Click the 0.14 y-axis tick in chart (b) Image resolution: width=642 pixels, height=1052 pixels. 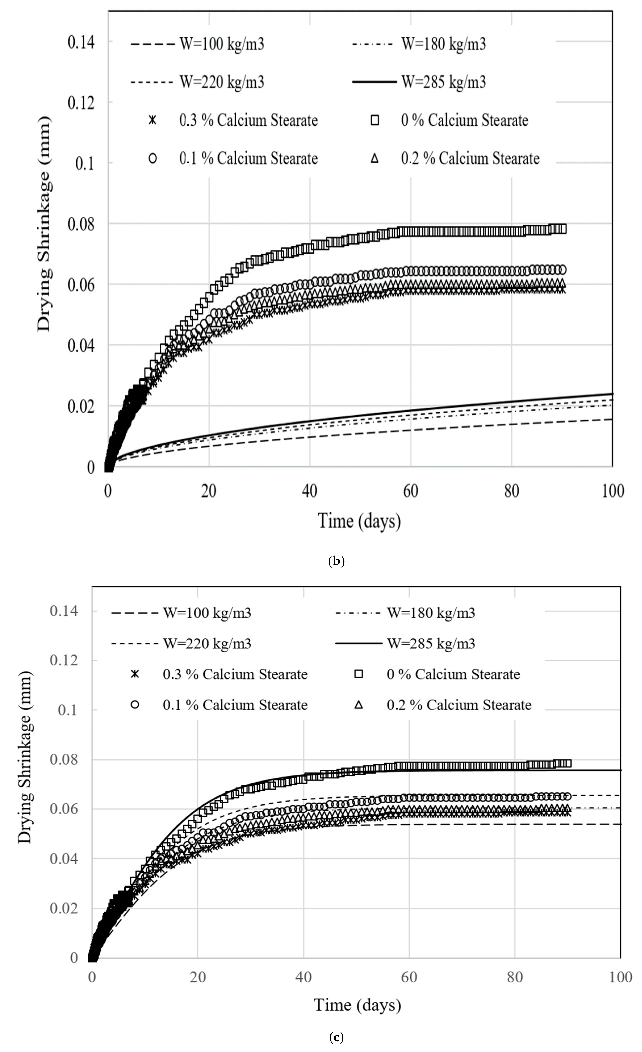point(81,42)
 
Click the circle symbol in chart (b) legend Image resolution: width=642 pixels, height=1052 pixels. point(152,158)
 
